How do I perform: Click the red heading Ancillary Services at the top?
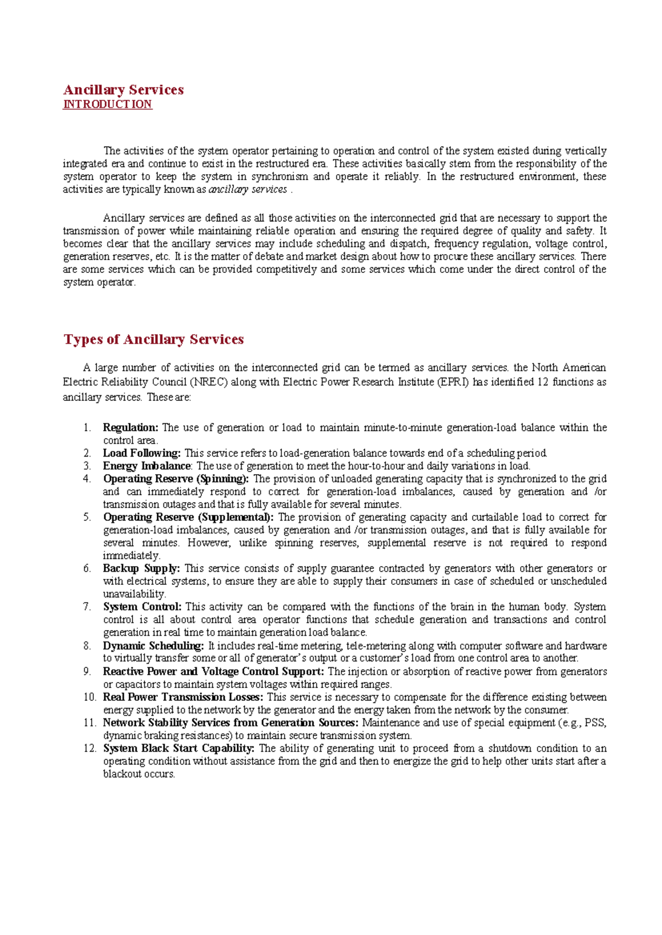pyautogui.click(x=124, y=90)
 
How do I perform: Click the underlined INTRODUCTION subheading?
pyautogui.click(x=108, y=104)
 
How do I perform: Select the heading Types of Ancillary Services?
pyautogui.click(x=154, y=339)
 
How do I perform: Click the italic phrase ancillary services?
pyautogui.click(x=248, y=190)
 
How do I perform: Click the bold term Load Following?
pyautogui.click(x=142, y=453)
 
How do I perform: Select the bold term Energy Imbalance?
pyautogui.click(x=147, y=466)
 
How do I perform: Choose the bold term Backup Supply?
pyautogui.click(x=141, y=568)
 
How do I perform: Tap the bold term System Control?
pyautogui.click(x=142, y=607)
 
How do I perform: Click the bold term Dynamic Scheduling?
pyautogui.click(x=153, y=646)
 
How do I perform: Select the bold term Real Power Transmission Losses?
pyautogui.click(x=183, y=697)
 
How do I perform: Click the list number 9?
pyautogui.click(x=87, y=671)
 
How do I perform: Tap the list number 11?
pyautogui.click(x=89, y=723)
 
